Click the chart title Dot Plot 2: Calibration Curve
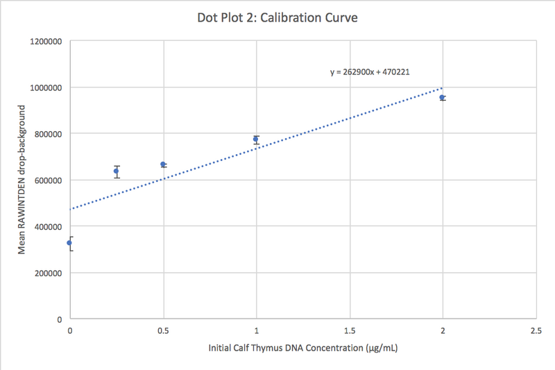(277, 17)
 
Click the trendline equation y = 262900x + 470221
(373, 71)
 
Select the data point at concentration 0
(69, 242)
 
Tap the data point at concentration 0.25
(117, 171)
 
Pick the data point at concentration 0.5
(163, 165)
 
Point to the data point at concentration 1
(256, 140)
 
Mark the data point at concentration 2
(442, 98)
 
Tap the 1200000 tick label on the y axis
(46, 41)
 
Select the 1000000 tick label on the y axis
(46, 87)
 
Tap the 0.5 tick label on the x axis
(163, 330)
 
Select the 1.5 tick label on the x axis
(350, 330)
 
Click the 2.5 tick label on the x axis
(536, 330)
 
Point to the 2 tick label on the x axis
(443, 330)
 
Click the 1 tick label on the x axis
(257, 330)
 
